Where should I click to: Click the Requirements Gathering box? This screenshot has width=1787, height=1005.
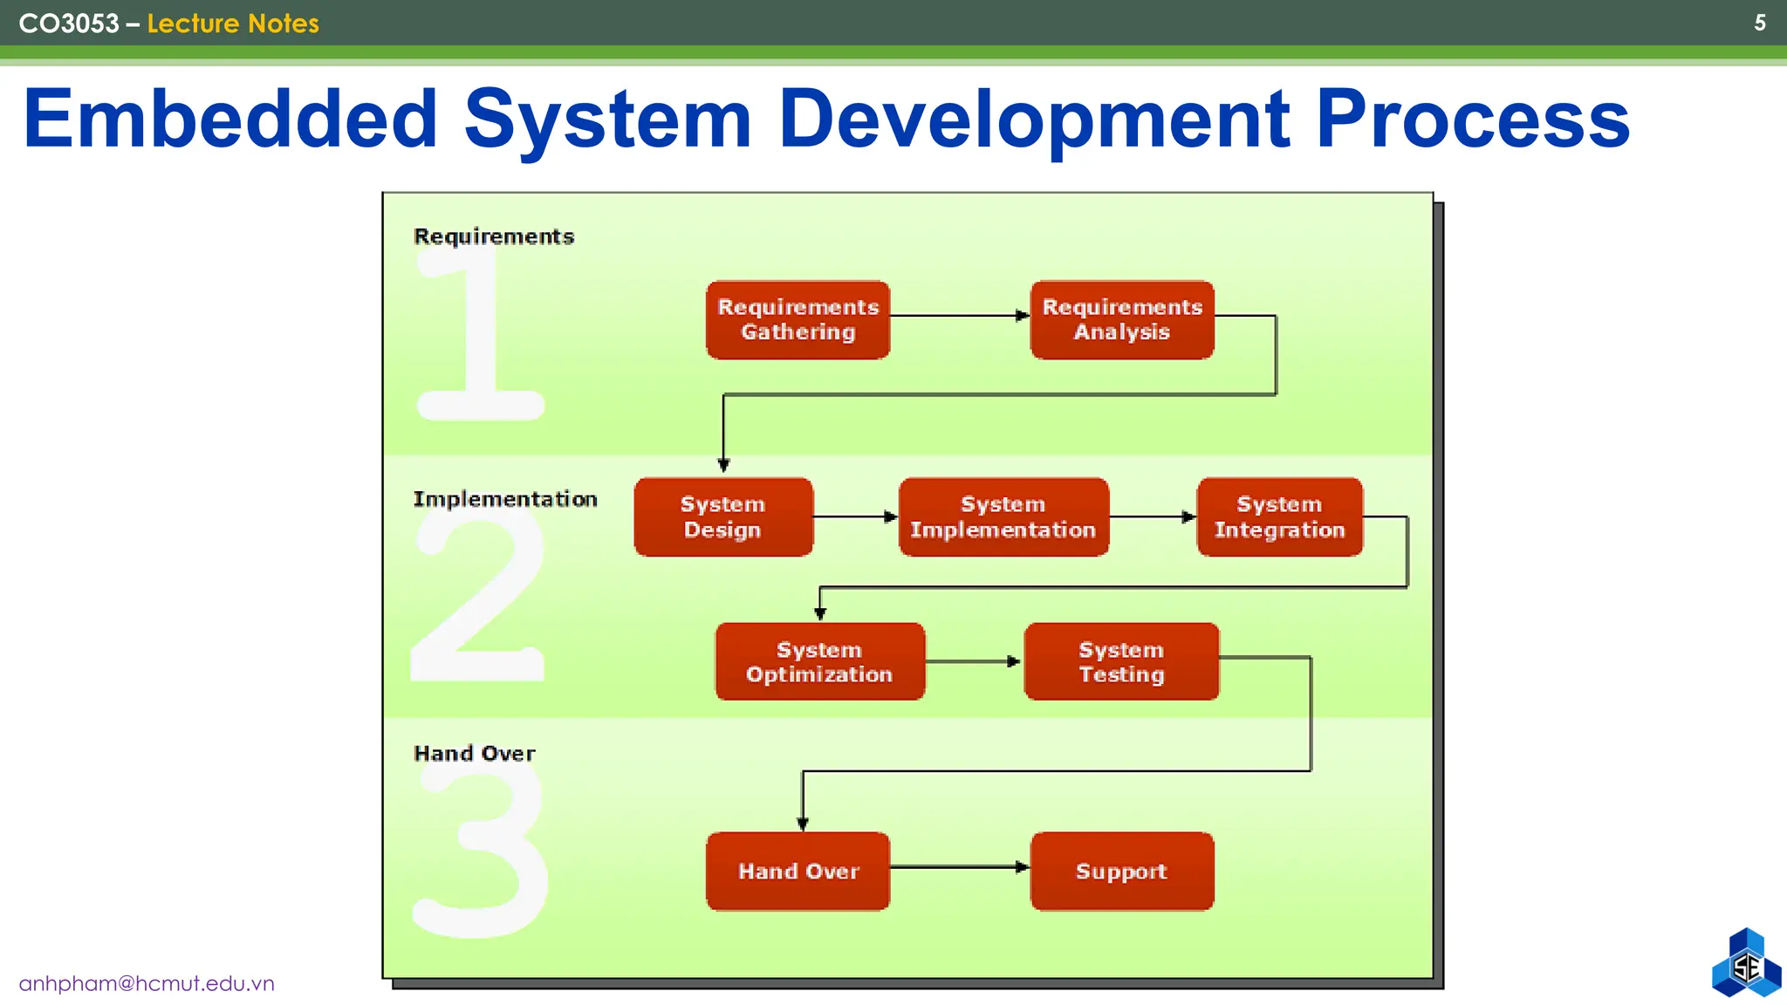(x=798, y=319)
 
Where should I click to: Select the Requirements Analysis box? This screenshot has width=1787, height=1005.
(x=1121, y=319)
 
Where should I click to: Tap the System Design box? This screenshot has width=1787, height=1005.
(x=722, y=516)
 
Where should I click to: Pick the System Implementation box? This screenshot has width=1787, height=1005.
(x=1003, y=516)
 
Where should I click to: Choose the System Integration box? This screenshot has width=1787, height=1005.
(x=1279, y=516)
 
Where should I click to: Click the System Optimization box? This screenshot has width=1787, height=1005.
(x=819, y=661)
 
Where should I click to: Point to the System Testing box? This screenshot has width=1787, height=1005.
(x=1121, y=661)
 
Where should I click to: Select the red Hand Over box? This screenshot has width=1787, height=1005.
(x=798, y=871)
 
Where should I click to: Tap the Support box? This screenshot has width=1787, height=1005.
(x=1121, y=871)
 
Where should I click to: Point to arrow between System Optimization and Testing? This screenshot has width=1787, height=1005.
(x=973, y=661)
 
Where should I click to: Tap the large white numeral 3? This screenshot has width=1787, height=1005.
(x=484, y=855)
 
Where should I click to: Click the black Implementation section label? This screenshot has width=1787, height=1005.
(x=505, y=499)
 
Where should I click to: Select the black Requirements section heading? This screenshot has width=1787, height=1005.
(x=494, y=236)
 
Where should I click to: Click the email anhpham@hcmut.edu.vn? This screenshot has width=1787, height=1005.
(x=147, y=983)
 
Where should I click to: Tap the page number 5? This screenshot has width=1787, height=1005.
(x=1759, y=23)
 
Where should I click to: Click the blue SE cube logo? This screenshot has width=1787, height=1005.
(x=1746, y=964)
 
